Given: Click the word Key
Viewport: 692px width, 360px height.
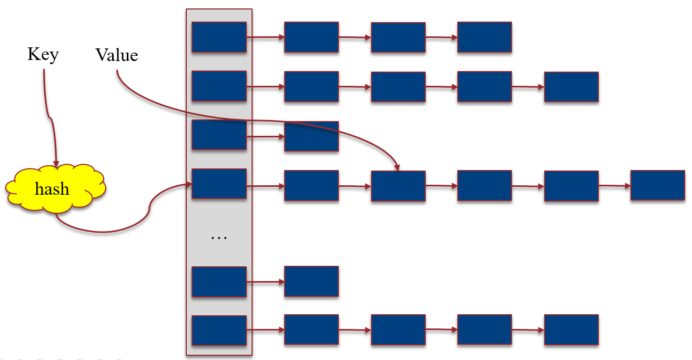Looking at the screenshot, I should pos(43,55).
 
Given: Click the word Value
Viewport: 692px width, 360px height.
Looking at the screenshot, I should pos(116,55).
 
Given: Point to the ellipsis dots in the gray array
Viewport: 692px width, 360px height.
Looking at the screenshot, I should pos(218,238).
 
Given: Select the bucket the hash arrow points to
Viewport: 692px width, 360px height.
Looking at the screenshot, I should pos(219,184).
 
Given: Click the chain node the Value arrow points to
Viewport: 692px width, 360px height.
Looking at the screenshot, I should pos(398,186).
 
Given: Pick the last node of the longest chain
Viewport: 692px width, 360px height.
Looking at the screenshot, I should pos(657,185).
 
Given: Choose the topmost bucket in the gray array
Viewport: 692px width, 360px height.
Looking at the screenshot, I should pos(219,37).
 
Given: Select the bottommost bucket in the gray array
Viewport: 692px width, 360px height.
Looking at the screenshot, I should pos(219,331).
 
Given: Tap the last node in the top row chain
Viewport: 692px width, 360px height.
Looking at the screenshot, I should pos(484,37).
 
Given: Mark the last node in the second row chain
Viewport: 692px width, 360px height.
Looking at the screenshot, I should pos(571,87).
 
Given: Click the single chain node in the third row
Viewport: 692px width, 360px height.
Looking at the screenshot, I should pos(311,136).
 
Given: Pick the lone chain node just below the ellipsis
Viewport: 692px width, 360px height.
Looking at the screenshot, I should pos(311,281).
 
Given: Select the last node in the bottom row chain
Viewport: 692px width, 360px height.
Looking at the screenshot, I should pos(571,330).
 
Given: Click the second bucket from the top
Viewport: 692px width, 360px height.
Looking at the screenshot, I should pos(219,86).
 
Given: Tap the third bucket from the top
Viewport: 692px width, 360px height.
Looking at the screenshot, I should pos(219,135).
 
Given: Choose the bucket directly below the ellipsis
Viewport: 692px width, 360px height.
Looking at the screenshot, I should pos(219,282).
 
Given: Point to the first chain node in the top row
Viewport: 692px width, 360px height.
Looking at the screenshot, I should pos(311,37).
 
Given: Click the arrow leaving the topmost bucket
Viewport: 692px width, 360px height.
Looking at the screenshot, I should pos(265,37).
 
